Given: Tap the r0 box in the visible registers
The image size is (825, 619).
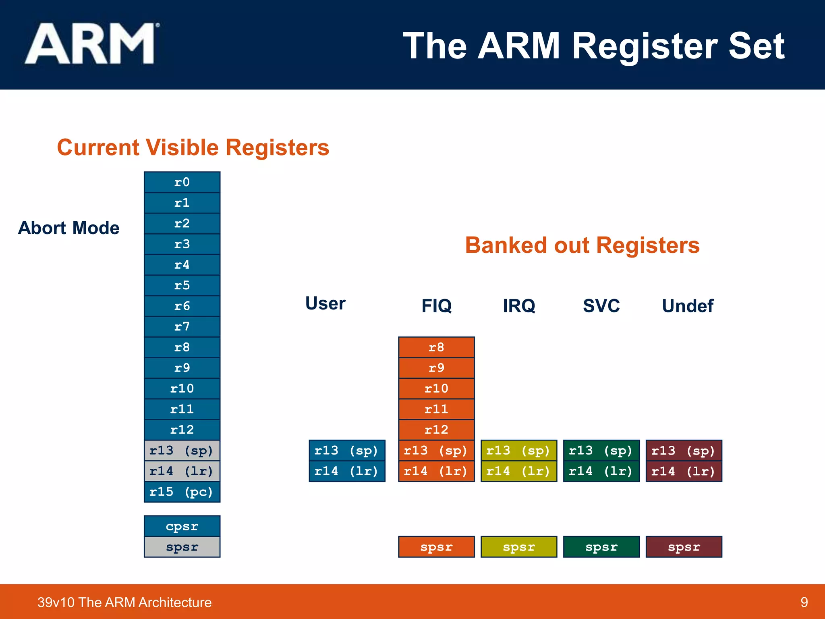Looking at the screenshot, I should [182, 182].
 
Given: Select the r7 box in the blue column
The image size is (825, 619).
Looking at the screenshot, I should [182, 327].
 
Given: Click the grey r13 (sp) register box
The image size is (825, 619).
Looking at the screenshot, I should [182, 451].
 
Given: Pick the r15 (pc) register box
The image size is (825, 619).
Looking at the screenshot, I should [182, 492].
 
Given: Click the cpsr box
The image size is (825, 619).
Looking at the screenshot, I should [182, 526].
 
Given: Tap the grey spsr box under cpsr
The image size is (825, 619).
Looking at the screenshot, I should [182, 547].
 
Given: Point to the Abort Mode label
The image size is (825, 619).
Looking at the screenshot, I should [69, 228].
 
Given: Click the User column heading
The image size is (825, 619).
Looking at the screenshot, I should [325, 303].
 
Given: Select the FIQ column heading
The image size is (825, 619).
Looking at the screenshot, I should [436, 306].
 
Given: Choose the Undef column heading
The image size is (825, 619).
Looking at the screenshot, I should [688, 306].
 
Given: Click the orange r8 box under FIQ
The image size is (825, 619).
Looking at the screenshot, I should [436, 347].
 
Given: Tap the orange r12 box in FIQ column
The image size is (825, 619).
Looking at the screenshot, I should [436, 430].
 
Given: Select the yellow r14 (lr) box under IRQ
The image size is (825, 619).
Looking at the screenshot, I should [519, 471].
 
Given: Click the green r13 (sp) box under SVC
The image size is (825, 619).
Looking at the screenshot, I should [601, 451].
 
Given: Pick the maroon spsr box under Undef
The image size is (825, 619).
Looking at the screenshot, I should [684, 547].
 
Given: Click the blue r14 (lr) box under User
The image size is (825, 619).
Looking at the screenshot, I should [347, 471].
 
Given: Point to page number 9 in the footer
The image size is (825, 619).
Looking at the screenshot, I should [804, 602].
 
